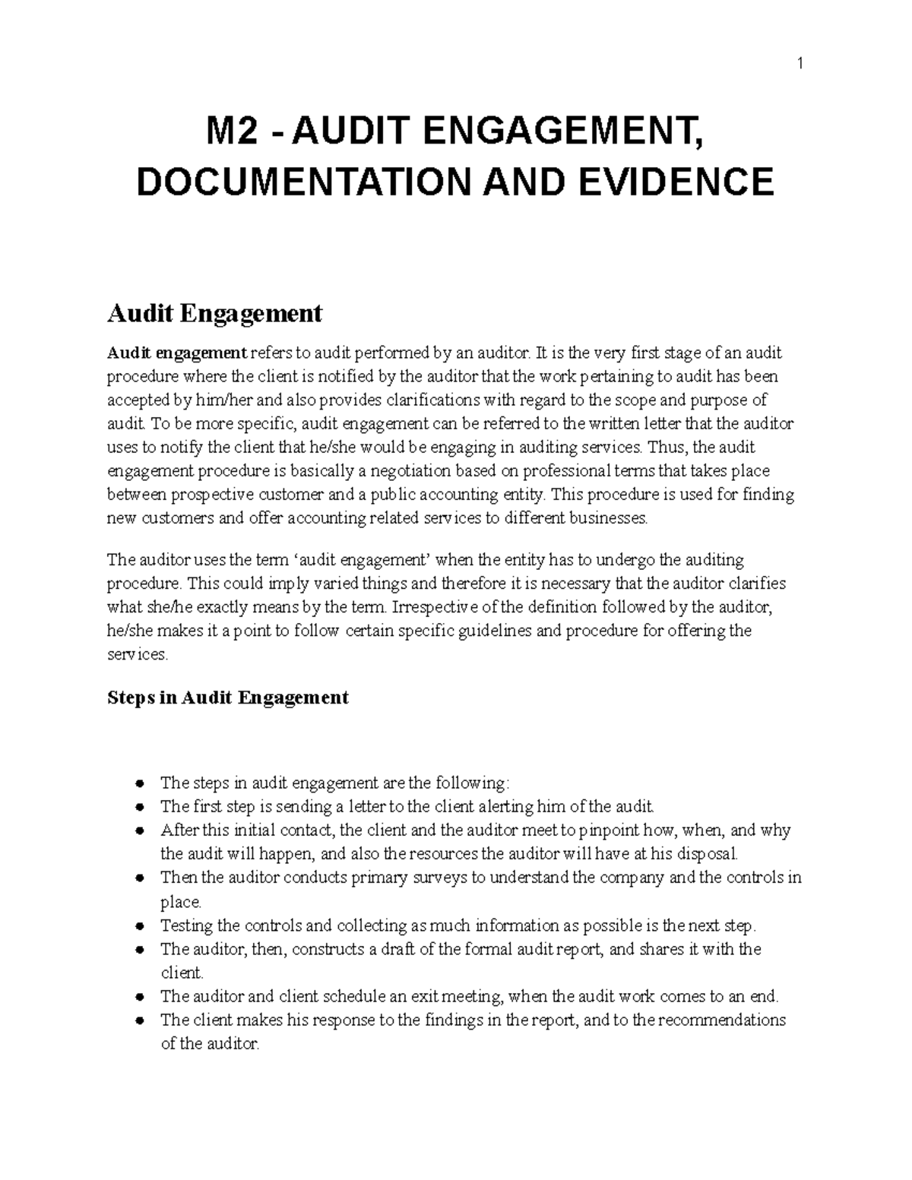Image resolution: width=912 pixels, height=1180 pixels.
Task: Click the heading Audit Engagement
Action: point(215,312)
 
